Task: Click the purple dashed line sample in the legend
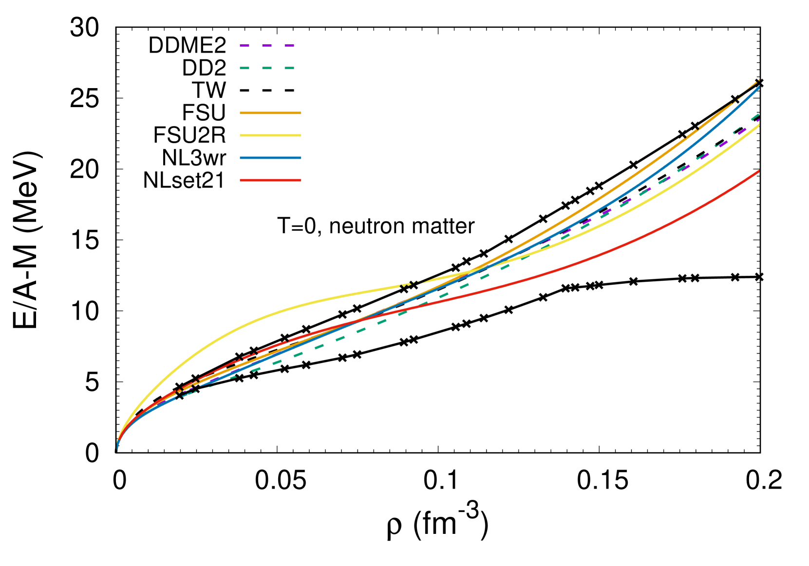[267, 46]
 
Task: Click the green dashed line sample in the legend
[267, 68]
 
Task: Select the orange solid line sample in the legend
[270, 113]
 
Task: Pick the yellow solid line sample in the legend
[270, 135]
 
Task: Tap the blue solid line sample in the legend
[270, 158]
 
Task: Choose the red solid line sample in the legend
[270, 180]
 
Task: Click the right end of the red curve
[759, 171]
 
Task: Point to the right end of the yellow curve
[759, 125]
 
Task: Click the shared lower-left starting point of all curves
[117, 449]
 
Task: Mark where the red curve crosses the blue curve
[358, 321]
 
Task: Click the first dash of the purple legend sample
[245, 46]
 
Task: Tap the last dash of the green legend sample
[289, 68]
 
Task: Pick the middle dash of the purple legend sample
[267, 46]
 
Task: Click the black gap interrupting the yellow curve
[410, 283]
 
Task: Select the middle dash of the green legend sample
[267, 68]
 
